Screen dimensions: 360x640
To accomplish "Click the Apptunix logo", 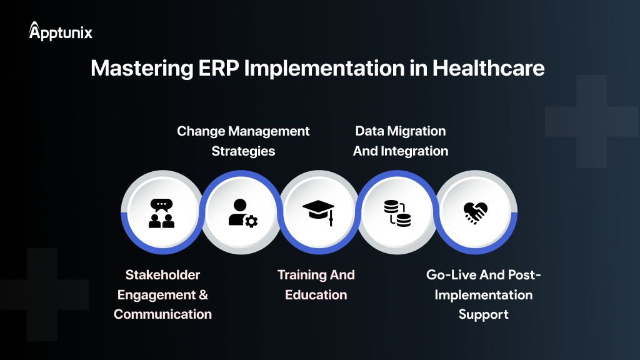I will tap(61, 32).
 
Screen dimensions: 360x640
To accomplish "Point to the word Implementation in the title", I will tap(327, 68).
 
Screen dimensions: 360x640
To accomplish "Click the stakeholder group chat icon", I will tap(162, 213).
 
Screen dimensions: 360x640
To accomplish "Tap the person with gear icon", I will tap(242, 213).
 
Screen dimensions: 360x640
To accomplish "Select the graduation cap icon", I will tap(318, 213).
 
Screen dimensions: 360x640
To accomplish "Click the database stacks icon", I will tap(397, 213).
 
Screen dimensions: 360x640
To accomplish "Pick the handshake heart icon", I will tap(476, 213).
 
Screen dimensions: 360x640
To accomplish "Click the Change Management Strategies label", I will tap(243, 141).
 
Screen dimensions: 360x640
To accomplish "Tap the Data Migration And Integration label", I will tap(401, 141).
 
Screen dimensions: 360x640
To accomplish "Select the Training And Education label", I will tap(316, 284).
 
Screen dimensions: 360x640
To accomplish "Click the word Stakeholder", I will tap(162, 275).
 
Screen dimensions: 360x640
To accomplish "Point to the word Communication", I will tap(162, 314).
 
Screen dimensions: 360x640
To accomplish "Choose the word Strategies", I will tap(243, 151).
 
